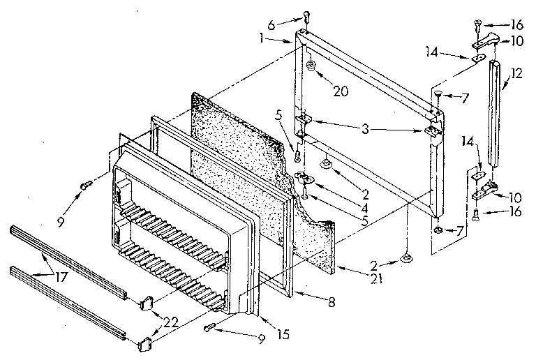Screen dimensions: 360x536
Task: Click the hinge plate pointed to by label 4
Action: tap(302, 178)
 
